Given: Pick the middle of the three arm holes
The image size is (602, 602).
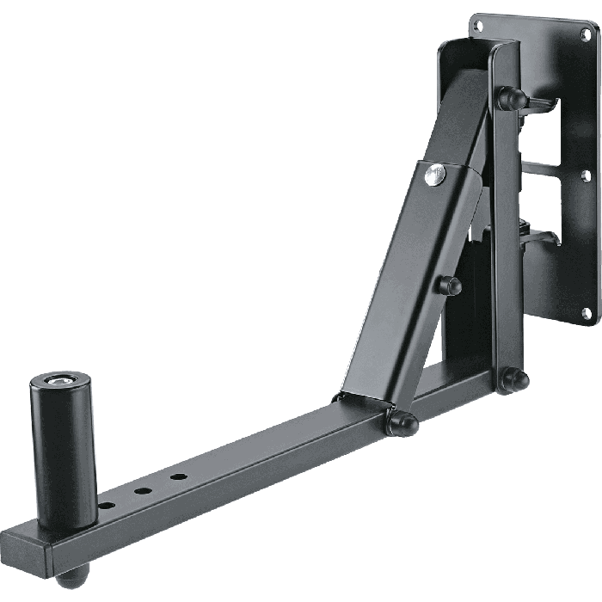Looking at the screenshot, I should pos(143,491).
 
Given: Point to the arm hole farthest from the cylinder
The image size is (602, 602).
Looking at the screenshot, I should pos(178,476).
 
